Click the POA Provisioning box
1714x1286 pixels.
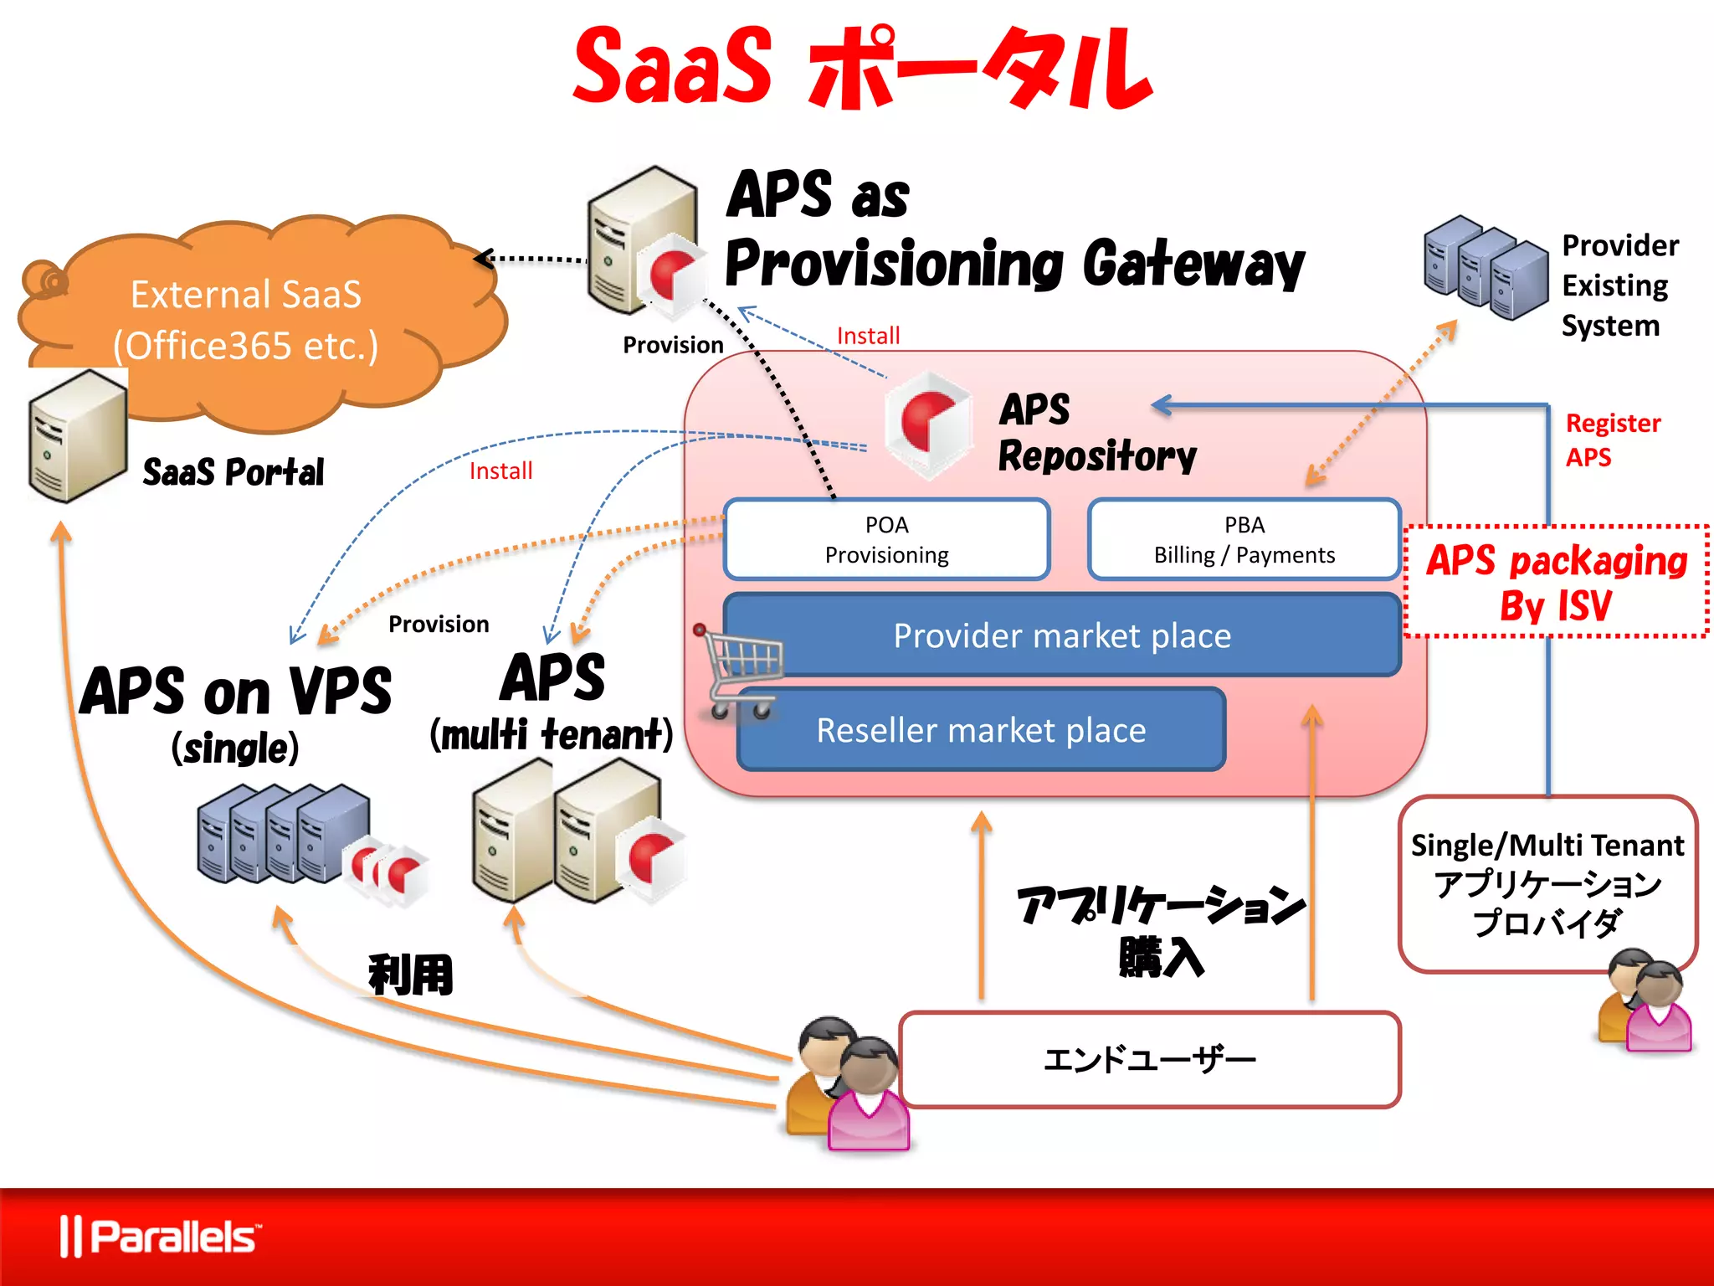(x=886, y=539)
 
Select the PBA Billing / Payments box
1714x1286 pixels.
(x=1244, y=539)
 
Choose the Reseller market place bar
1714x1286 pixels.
(x=981, y=730)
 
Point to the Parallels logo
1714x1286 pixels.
(x=159, y=1237)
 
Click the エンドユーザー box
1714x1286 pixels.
(x=1149, y=1060)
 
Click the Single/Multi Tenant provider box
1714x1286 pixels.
(x=1547, y=883)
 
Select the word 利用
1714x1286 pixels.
(x=410, y=975)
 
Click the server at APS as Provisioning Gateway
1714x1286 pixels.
(x=643, y=241)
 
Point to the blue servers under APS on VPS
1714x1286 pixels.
(x=285, y=833)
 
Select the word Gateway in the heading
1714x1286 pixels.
(x=1193, y=265)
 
